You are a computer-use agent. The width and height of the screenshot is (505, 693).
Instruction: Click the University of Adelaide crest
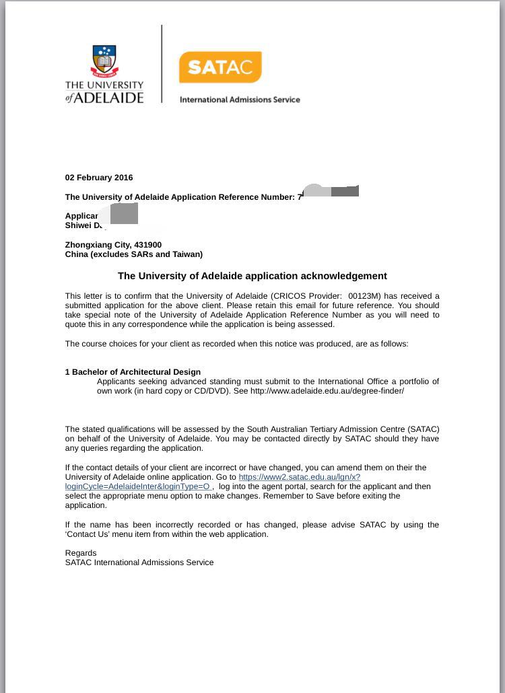click(x=104, y=62)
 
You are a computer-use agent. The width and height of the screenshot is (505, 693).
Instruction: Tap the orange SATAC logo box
click(x=220, y=67)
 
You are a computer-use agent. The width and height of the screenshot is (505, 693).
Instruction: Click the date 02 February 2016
click(x=99, y=178)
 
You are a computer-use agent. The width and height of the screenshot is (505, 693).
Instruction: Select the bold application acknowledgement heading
click(x=252, y=276)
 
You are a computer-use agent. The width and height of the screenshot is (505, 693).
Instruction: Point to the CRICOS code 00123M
click(x=366, y=296)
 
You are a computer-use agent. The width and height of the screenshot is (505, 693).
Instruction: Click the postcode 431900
click(x=147, y=245)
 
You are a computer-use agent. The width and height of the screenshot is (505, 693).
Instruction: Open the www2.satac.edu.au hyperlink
click(x=299, y=477)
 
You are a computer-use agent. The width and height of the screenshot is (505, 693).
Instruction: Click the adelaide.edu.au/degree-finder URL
click(x=327, y=391)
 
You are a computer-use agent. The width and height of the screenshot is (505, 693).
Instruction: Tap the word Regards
click(x=81, y=553)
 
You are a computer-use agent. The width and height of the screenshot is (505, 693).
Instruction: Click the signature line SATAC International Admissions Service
click(x=139, y=562)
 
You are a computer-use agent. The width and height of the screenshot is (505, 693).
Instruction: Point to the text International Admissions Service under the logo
click(x=240, y=100)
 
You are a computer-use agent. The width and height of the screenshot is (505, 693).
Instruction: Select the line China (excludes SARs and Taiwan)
click(x=133, y=254)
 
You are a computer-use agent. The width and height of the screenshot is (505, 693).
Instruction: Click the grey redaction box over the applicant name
click(x=123, y=214)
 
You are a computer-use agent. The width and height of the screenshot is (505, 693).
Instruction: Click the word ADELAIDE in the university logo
click(x=110, y=98)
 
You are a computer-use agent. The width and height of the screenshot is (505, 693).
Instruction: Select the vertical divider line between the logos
click(x=162, y=64)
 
